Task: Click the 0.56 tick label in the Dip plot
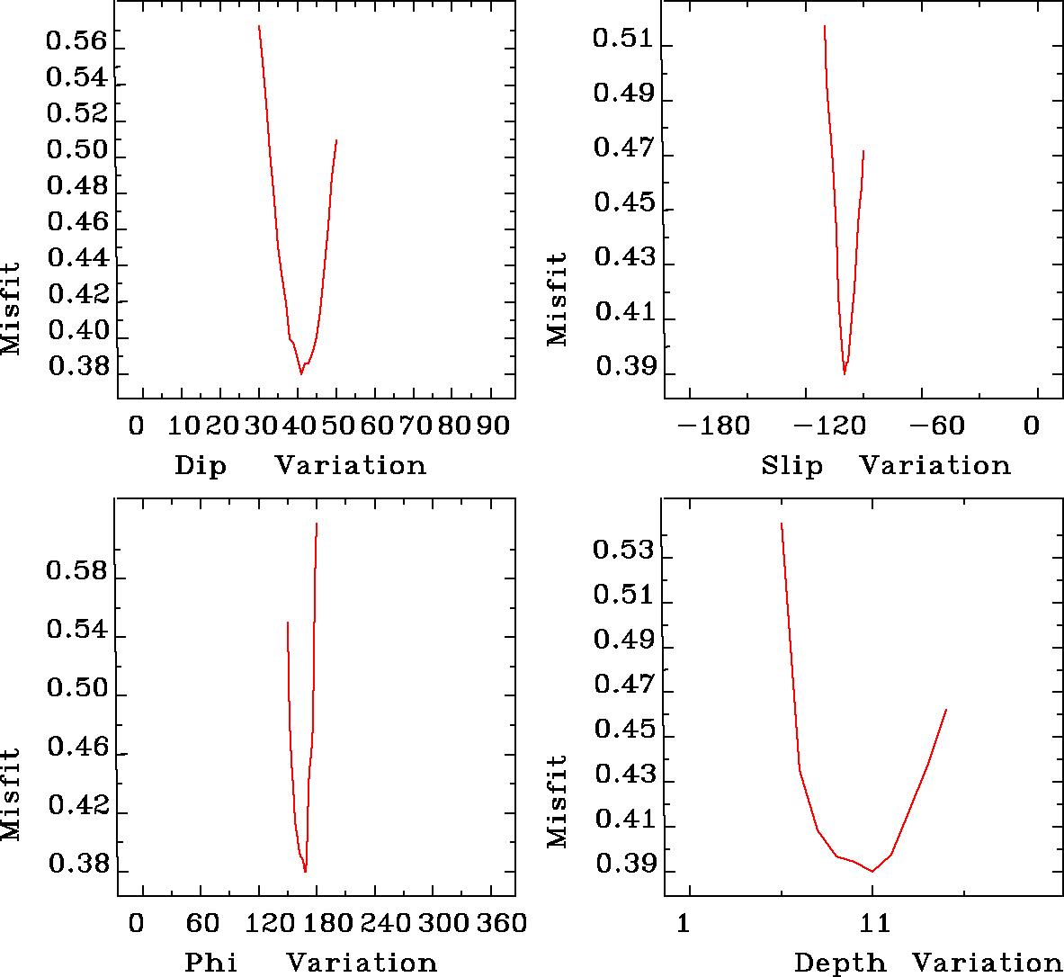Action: (x=76, y=41)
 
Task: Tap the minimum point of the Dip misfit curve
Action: (x=301, y=372)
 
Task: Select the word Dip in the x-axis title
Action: (x=201, y=466)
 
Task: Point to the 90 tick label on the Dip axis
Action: (x=492, y=425)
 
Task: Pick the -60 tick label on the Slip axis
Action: (x=943, y=425)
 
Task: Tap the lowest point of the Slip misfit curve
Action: (x=844, y=373)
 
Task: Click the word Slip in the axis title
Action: (x=791, y=466)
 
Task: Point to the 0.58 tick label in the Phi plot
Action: (x=76, y=572)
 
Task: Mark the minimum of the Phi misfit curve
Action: (x=306, y=872)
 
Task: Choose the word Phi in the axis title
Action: (x=211, y=964)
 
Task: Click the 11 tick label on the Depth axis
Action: (x=873, y=923)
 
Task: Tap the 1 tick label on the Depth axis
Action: (x=684, y=923)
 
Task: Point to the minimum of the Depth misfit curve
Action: (x=872, y=871)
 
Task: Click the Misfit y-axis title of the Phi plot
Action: (x=11, y=794)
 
